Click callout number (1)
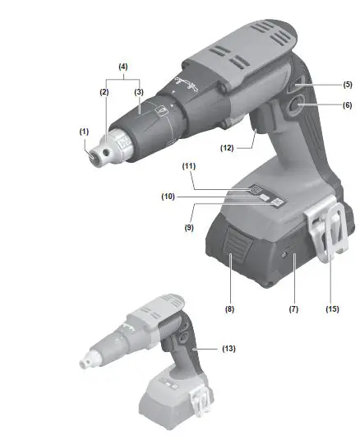click(x=84, y=131)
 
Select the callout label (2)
click(x=105, y=92)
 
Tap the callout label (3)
click(x=139, y=92)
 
